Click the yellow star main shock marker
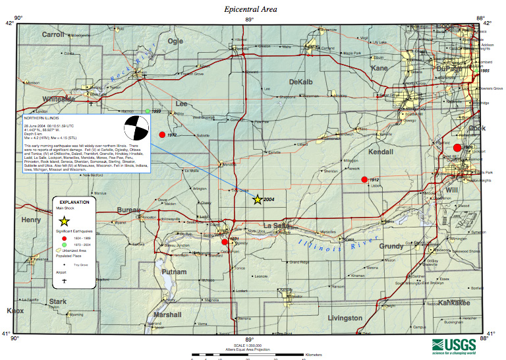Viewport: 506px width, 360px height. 257,200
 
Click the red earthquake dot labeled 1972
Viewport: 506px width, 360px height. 162,135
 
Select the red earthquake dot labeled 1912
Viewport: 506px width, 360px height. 364,179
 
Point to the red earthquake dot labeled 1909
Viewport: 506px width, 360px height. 457,146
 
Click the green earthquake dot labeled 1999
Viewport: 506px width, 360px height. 148,111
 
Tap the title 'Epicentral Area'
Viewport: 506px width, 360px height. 250,9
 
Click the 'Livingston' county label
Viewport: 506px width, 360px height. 345,318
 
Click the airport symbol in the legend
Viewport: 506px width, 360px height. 65,280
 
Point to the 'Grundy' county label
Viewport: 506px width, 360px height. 391,246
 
